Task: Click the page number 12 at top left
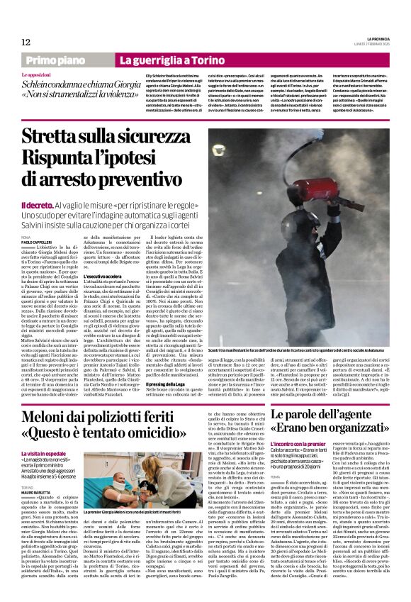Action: point(26,42)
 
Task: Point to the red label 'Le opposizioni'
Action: point(36,74)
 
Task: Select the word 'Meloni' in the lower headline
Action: point(52,417)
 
